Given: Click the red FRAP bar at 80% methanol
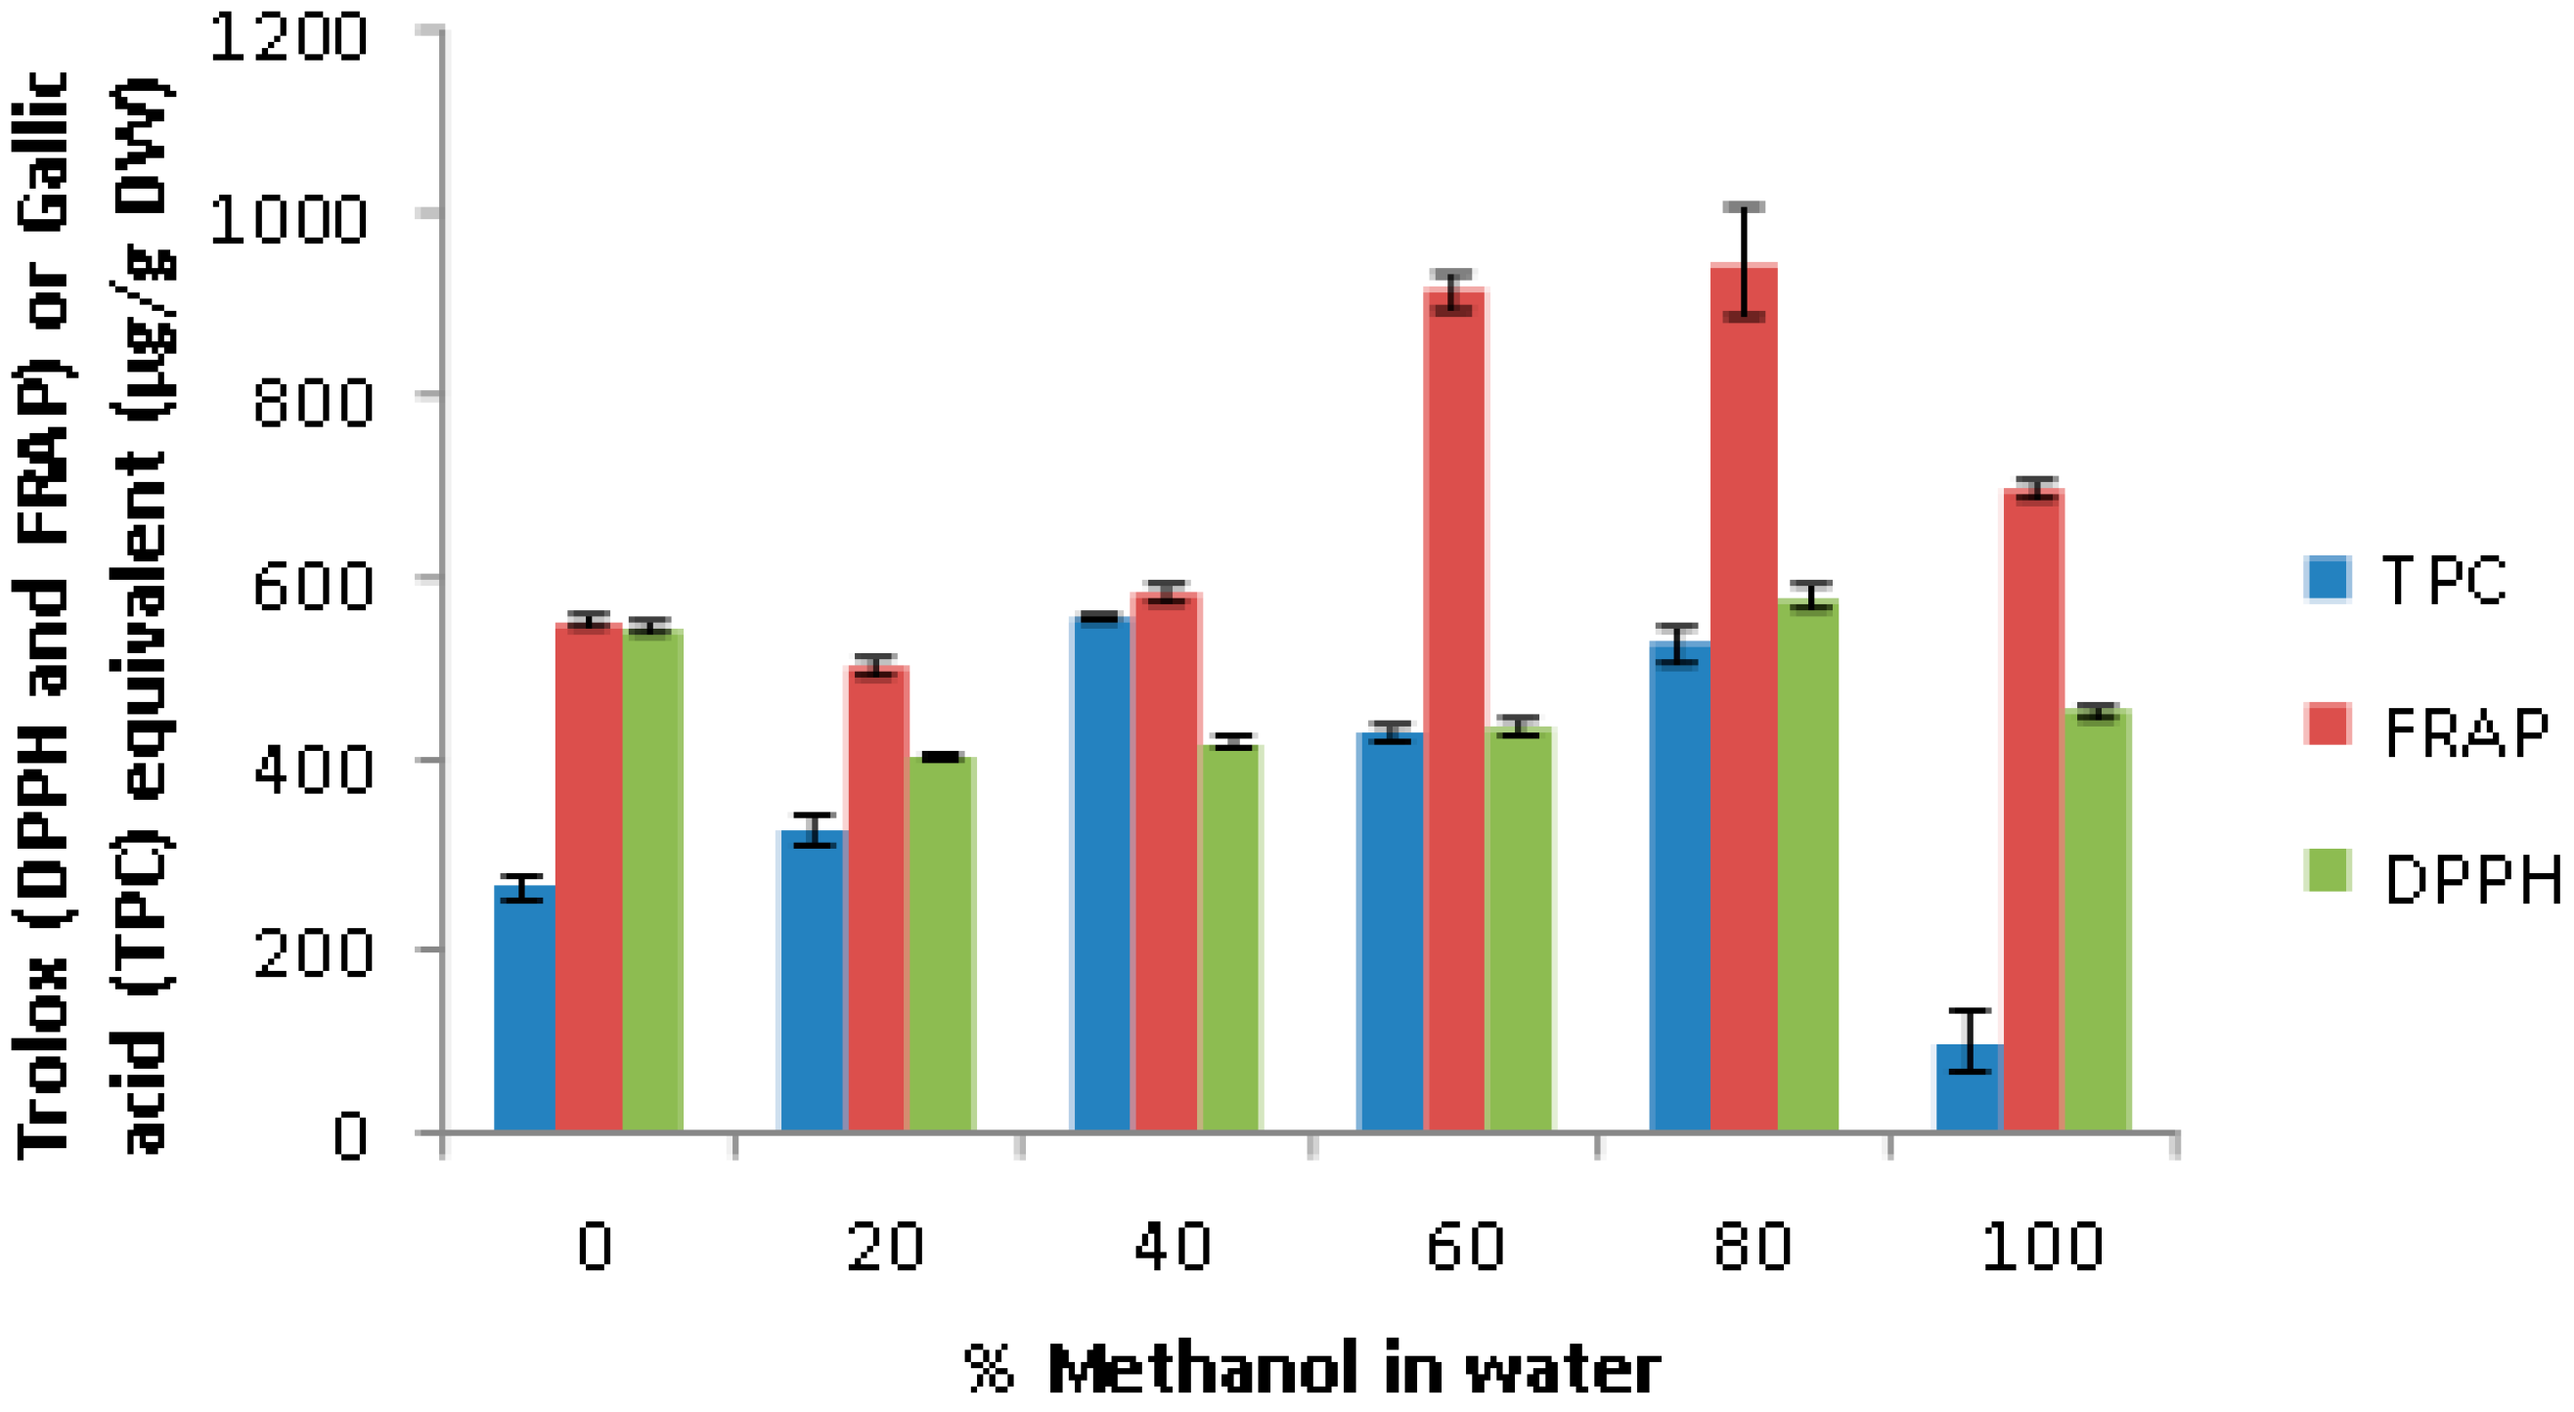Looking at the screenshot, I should (x=1743, y=699).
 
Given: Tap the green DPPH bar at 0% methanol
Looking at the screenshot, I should (x=651, y=879).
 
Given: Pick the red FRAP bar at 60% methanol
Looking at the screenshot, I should (x=1454, y=710).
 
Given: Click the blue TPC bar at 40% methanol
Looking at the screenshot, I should (x=1100, y=874).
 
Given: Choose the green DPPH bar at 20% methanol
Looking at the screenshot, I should (x=940, y=945).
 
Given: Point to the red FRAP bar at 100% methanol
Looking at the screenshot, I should (x=2032, y=810).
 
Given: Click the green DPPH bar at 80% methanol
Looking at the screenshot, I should (x=1807, y=864).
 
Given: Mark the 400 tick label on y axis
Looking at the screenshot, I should (x=312, y=770).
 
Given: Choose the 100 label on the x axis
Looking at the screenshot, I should (x=2042, y=1247).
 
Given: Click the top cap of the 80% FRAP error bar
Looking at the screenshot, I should (x=1744, y=207).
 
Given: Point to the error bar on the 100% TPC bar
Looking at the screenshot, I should (x=1970, y=1041).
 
